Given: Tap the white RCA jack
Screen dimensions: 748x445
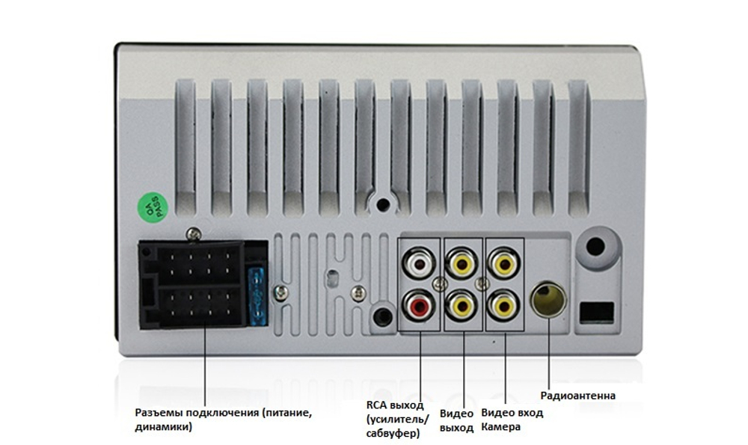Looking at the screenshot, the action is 419,263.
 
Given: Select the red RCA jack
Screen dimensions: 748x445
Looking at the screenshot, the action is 419,306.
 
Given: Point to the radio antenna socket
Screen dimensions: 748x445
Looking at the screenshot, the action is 548,300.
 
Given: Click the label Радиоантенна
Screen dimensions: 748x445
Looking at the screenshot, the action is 577,396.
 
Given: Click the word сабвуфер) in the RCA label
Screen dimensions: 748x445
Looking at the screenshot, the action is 393,433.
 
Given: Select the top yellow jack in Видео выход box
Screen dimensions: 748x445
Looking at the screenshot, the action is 462,263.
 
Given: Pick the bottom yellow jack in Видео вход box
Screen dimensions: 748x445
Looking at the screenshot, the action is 503,306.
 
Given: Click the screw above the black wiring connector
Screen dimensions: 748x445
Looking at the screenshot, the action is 193,233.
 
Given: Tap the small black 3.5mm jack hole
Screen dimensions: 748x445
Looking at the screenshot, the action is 382,316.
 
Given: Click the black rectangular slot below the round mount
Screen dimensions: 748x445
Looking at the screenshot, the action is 596,313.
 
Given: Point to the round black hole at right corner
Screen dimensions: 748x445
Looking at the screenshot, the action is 595,247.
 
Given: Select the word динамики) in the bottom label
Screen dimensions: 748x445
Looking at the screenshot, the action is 163,427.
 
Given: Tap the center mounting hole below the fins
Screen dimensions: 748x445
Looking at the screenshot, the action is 383,205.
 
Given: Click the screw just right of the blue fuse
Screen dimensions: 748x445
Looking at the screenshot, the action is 281,292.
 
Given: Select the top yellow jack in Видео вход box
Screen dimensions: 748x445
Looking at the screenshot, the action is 503,263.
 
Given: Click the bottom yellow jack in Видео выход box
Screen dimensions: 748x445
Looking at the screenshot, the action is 462,306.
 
